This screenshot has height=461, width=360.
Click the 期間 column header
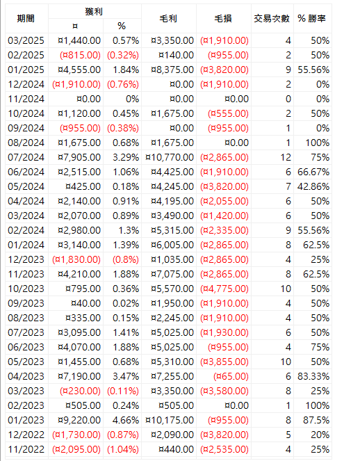click(26, 19)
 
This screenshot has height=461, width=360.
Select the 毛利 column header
click(168, 19)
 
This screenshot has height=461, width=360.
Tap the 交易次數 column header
click(272, 19)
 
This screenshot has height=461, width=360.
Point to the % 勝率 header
click(311, 19)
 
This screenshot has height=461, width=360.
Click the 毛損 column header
click(223, 19)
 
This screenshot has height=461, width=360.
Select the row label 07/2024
click(26, 157)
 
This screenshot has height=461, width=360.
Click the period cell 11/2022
click(26, 449)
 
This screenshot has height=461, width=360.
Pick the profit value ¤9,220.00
click(79, 420)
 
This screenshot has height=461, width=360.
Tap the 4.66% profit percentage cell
click(126, 420)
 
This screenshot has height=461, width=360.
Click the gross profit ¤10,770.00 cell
click(170, 157)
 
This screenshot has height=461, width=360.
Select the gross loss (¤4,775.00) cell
click(224, 289)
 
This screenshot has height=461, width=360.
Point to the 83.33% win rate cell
click(313, 376)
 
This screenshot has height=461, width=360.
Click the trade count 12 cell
click(286, 157)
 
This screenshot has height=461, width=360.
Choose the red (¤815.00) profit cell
click(80, 55)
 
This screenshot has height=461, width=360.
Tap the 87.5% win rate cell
click(316, 420)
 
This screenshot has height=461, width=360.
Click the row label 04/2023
click(26, 376)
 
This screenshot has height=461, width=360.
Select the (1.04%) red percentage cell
click(123, 449)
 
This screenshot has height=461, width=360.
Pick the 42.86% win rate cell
click(313, 186)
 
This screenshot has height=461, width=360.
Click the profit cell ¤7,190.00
click(79, 376)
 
